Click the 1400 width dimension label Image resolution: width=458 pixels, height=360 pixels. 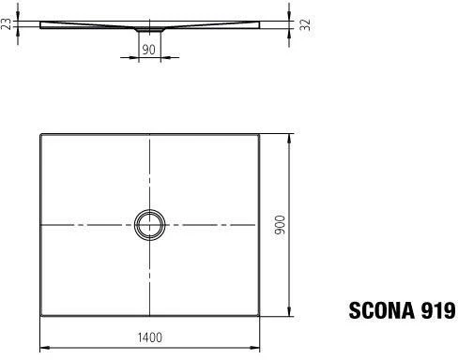[x=150, y=337]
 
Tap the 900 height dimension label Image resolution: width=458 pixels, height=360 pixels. [x=280, y=225]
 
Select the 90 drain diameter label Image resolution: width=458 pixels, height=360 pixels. [x=148, y=50]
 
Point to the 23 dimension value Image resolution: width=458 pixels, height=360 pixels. [x=7, y=24]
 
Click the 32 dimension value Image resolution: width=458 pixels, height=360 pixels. [x=305, y=24]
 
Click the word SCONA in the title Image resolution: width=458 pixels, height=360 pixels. [x=382, y=310]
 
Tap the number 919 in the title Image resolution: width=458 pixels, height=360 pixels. [x=438, y=310]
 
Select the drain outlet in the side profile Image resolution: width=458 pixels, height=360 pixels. [x=149, y=29]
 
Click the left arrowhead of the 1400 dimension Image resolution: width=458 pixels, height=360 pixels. [x=45, y=347]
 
